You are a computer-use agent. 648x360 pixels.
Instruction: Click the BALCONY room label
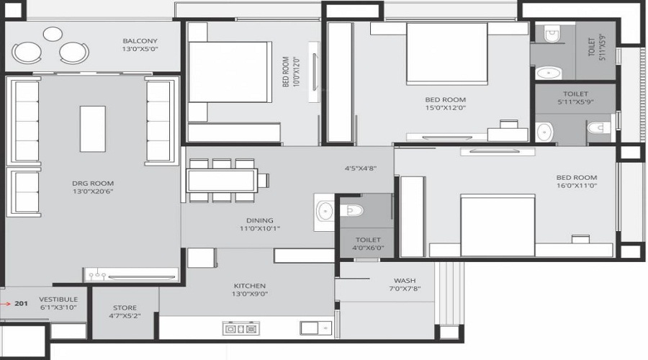tap(140, 41)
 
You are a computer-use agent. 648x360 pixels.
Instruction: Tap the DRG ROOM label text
tap(93, 183)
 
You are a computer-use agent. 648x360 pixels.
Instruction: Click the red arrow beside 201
tap(6, 304)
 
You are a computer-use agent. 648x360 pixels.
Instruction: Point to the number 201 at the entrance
tap(21, 304)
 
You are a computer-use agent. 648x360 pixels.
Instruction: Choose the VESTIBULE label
tap(53, 299)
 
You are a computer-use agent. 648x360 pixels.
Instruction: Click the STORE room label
tap(125, 308)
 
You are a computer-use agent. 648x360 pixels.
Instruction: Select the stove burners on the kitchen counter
tap(240, 329)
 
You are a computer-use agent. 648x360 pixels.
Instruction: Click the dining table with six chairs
tap(222, 180)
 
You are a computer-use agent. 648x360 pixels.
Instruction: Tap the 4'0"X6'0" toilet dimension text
tap(368, 249)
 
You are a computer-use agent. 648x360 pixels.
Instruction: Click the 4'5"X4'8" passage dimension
tap(361, 168)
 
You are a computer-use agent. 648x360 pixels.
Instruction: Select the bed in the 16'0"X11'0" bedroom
tap(497, 225)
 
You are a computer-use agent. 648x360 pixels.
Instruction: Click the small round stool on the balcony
tap(52, 33)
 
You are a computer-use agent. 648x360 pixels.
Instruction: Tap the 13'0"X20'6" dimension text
tap(93, 192)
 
